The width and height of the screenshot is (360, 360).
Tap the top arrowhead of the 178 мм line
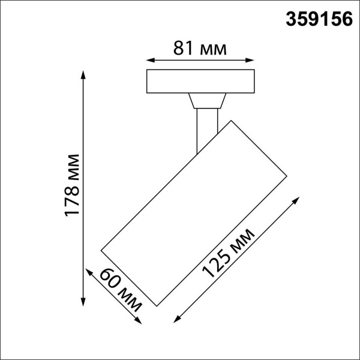tap(83, 74)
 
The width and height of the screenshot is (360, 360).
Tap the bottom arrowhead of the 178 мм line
tap(83, 301)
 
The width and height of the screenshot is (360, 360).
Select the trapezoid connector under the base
tap(206, 100)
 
